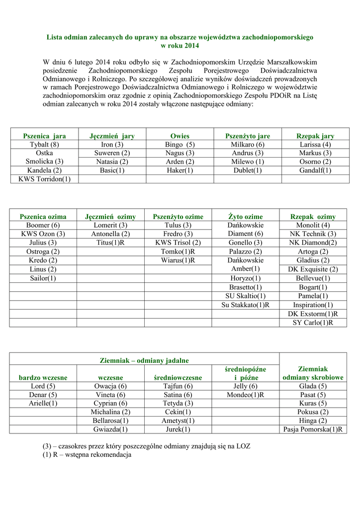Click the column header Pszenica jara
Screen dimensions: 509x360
point(44,136)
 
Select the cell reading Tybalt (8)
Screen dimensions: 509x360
point(44,145)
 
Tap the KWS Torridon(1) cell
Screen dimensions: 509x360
point(44,179)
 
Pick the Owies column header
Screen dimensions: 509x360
point(180,136)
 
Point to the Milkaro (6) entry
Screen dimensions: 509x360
point(248,145)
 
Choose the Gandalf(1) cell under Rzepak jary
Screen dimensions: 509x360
point(315,170)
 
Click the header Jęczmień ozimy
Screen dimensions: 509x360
point(110,217)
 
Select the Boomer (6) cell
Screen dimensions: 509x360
point(43,225)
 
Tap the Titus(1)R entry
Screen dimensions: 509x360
point(110,243)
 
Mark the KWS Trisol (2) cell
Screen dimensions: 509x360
point(178,243)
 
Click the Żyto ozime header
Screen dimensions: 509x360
point(246,217)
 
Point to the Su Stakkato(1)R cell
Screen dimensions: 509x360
point(246,305)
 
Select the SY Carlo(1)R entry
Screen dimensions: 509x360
point(313,323)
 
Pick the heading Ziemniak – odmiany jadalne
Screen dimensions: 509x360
point(145,360)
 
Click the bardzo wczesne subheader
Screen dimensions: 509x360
point(43,378)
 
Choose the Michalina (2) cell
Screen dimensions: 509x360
point(110,412)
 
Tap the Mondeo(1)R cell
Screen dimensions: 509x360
point(246,395)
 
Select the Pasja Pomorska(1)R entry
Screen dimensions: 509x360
point(313,429)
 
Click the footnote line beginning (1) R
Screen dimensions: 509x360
point(87,455)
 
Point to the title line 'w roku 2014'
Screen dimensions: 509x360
point(180,46)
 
